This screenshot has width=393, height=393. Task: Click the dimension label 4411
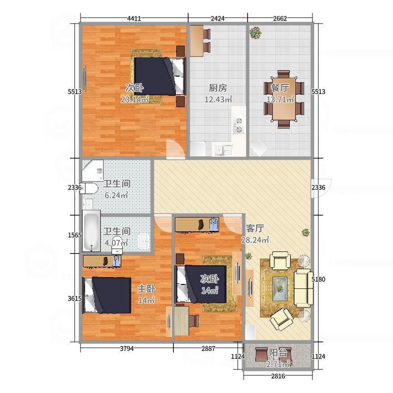134,18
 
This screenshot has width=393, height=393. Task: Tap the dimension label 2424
217,18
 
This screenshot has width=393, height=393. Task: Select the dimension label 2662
280,18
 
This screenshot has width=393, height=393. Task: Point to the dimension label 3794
127,348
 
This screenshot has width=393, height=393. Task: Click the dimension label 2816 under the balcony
278,376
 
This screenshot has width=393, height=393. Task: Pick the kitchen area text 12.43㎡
218,100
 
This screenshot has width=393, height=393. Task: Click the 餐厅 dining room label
280,88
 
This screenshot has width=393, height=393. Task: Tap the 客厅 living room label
254,228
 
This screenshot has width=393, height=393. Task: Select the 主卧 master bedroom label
146,289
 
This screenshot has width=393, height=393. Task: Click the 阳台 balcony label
278,353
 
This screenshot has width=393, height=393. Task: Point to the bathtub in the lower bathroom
91,231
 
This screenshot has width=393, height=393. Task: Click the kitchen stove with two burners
238,125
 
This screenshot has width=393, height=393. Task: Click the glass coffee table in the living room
280,288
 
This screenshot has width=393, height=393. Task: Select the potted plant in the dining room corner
255,32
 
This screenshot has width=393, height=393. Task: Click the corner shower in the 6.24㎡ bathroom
92,170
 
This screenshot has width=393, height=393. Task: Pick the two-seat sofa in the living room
303,288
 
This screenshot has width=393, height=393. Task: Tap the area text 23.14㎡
135,100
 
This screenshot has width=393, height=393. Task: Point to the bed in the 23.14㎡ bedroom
160,77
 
